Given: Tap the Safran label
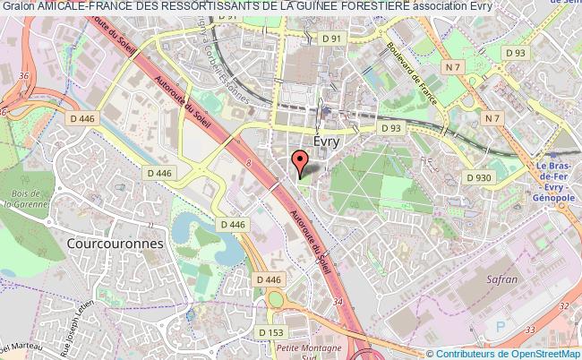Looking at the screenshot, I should click(x=503, y=279).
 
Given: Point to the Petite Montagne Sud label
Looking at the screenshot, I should click(x=309, y=352).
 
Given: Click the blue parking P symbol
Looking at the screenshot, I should click(x=501, y=326).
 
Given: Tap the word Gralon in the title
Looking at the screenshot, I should click(x=18, y=8).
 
